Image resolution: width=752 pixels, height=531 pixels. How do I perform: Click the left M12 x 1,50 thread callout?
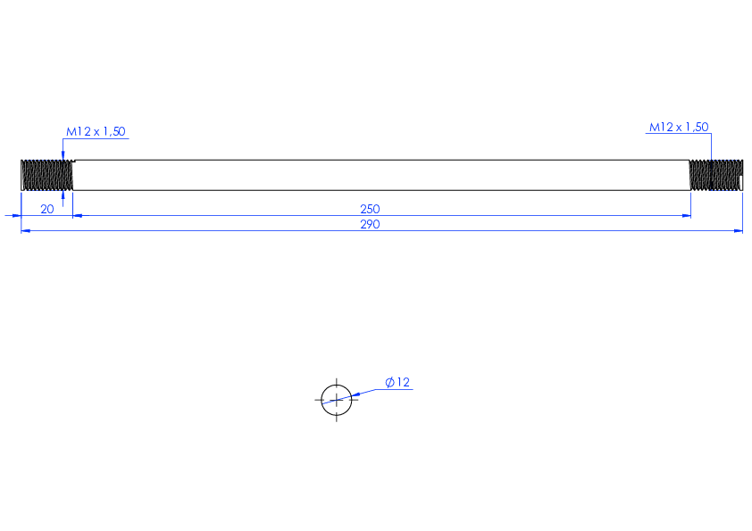pos(96,131)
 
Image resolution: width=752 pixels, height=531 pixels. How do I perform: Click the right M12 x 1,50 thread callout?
pos(679,127)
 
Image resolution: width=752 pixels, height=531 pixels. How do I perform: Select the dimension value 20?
pos(47,209)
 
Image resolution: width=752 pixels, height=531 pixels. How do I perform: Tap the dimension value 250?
pos(370,209)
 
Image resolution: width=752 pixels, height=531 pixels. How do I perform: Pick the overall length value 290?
pos(370,224)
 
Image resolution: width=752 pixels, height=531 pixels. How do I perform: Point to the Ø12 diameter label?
pos(397,382)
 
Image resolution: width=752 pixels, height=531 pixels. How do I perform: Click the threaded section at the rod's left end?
pos(47,176)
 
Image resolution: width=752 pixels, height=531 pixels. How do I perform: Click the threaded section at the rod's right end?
pos(716,176)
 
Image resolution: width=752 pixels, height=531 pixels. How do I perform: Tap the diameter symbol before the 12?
pos(390,383)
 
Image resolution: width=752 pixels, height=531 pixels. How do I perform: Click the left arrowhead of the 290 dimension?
pos(26,231)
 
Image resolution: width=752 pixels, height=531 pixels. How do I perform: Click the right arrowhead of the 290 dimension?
pos(738,231)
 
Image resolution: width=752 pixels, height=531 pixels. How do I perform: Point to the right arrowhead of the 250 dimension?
pos(686,216)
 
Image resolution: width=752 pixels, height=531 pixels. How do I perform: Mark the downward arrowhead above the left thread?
pos(63,155)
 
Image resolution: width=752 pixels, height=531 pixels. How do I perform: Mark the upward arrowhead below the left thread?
pos(63,195)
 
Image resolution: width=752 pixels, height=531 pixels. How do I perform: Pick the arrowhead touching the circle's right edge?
pos(355,395)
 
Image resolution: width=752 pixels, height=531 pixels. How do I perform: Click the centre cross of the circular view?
pos(337,400)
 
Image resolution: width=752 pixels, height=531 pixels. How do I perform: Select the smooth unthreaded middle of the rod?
pos(381,176)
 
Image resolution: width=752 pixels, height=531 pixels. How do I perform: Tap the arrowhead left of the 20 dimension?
pos(16,216)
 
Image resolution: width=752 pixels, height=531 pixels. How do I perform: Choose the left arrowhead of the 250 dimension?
pos(78,216)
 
